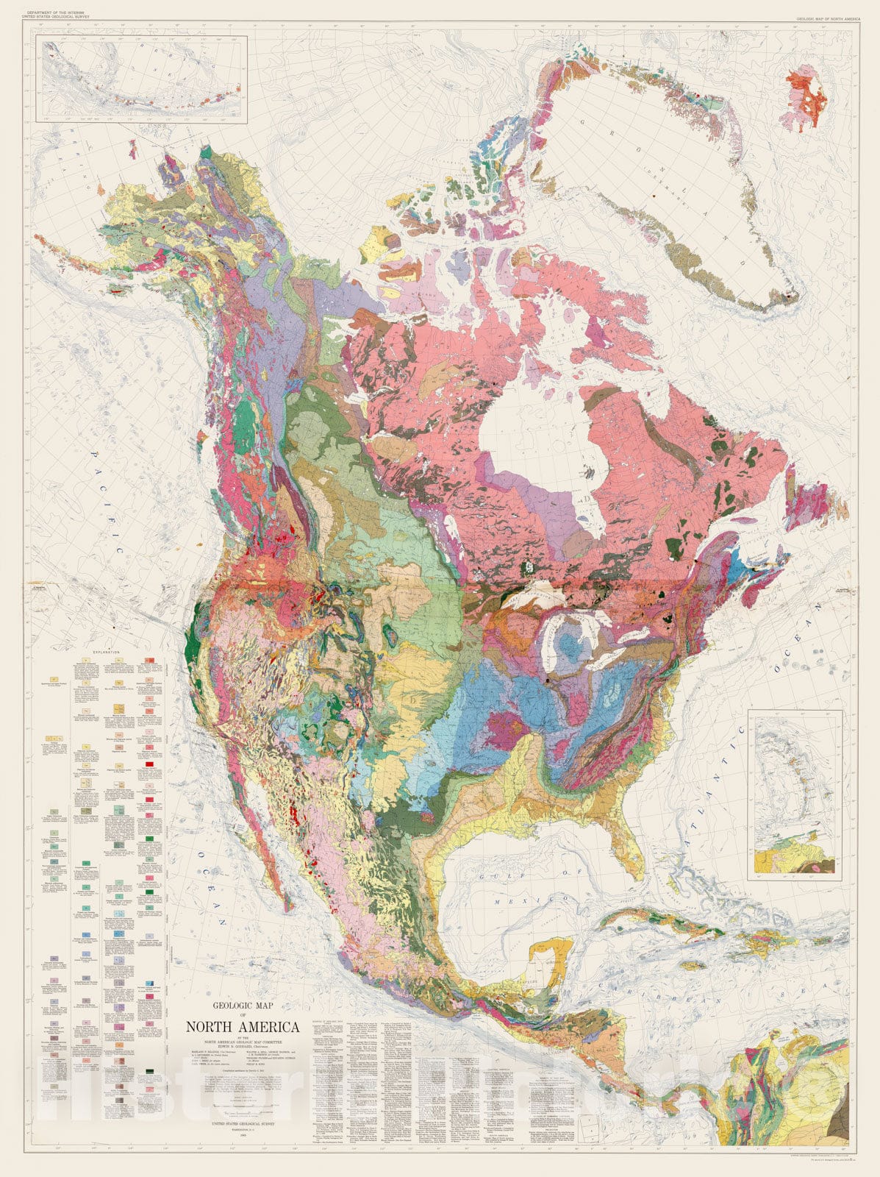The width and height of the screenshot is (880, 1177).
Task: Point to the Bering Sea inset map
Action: tap(143, 81)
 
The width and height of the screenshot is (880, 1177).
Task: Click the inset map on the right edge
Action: tap(795, 794)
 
